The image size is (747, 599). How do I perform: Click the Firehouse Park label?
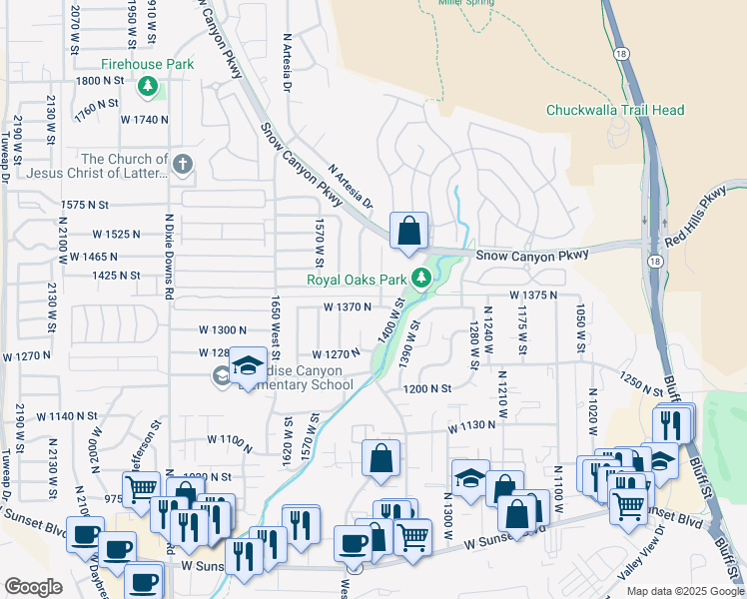(x=147, y=64)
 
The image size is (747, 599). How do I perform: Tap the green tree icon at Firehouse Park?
(x=149, y=87)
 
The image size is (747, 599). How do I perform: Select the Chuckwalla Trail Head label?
(x=615, y=110)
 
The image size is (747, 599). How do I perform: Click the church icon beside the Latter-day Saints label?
(x=182, y=164)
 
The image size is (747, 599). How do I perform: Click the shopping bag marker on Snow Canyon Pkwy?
(x=408, y=232)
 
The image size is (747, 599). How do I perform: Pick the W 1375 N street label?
(x=531, y=296)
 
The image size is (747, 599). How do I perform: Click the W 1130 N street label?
(x=472, y=425)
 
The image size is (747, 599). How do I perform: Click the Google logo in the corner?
(x=33, y=587)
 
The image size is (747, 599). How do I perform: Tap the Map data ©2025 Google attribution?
(x=684, y=591)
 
